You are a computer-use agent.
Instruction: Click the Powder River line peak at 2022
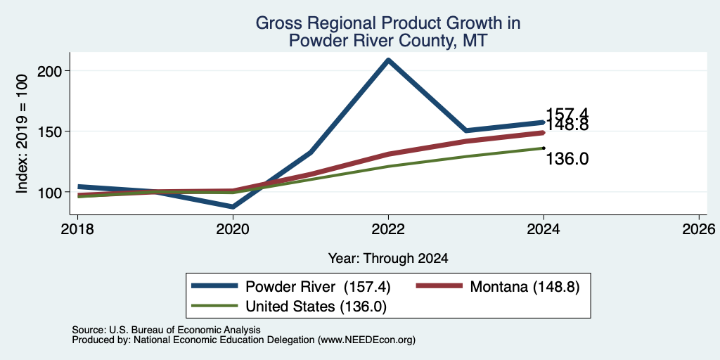pyautogui.click(x=388, y=60)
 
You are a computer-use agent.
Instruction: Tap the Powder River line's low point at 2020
pyautogui.click(x=233, y=207)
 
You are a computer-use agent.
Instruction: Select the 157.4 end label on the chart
pyautogui.click(x=567, y=115)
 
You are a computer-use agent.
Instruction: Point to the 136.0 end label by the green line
pyautogui.click(x=567, y=159)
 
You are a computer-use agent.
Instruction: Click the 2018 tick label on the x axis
pyautogui.click(x=77, y=229)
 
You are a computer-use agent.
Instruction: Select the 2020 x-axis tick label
pyautogui.click(x=233, y=229)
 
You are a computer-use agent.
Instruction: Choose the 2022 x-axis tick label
pyautogui.click(x=388, y=229)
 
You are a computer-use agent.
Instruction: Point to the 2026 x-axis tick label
pyautogui.click(x=699, y=229)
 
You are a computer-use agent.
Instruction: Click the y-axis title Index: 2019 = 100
pyautogui.click(x=22, y=134)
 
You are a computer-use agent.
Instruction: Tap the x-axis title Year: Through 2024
pyautogui.click(x=388, y=259)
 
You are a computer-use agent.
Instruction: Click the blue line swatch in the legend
pyautogui.click(x=214, y=286)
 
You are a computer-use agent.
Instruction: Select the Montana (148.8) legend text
pyautogui.click(x=525, y=287)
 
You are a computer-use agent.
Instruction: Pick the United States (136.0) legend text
pyautogui.click(x=316, y=307)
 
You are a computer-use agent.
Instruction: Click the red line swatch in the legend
pyautogui.click(x=439, y=286)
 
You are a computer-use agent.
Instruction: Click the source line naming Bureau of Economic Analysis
pyautogui.click(x=166, y=330)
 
